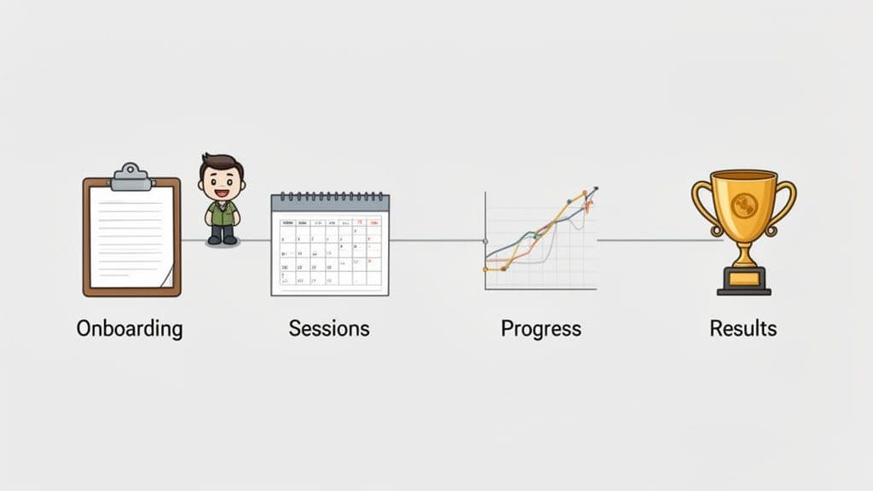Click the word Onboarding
point(130,329)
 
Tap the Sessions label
point(329,329)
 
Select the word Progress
point(541,329)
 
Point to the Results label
point(743,329)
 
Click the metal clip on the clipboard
point(131,177)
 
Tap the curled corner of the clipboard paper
point(168,276)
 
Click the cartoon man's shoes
point(222,240)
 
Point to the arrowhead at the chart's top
point(594,190)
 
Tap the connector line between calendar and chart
point(436,240)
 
